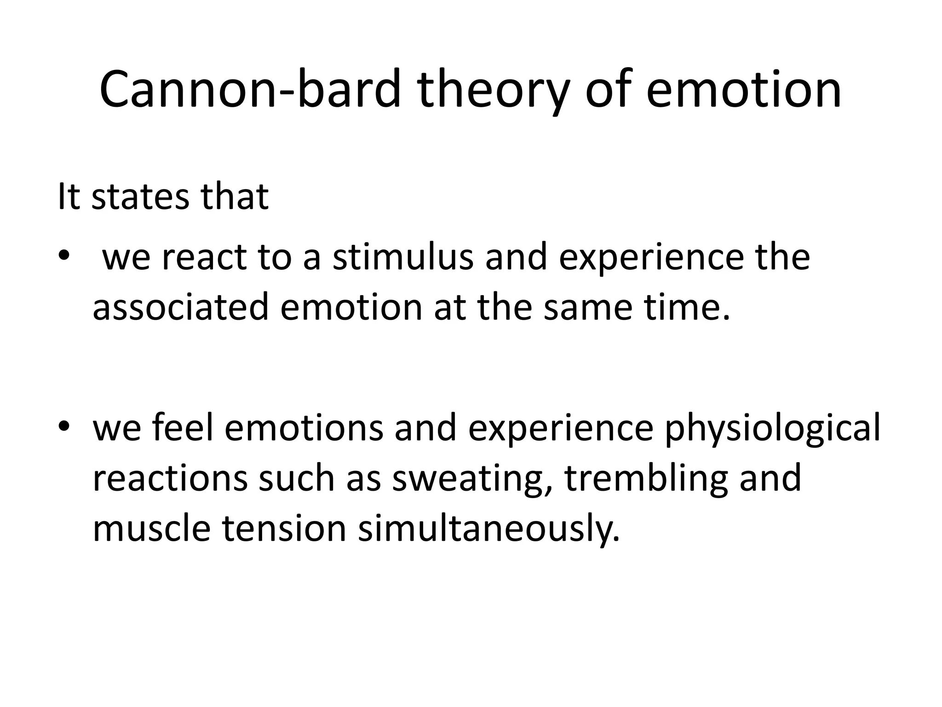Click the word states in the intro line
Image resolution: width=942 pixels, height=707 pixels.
(140, 197)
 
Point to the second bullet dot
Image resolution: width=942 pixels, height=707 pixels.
(63, 427)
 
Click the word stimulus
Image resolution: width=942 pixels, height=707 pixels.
(403, 258)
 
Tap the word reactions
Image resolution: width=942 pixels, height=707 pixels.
(170, 479)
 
